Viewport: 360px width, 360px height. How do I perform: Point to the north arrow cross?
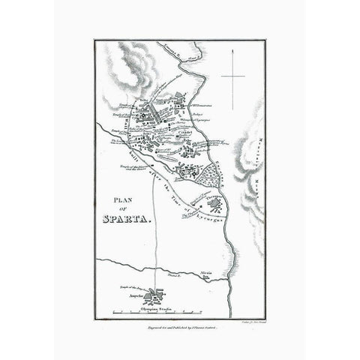[x=232, y=76]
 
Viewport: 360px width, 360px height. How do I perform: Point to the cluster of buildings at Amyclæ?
[x=157, y=294]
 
